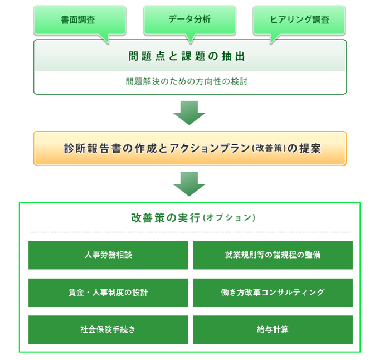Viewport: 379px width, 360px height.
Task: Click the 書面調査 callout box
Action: coord(80,20)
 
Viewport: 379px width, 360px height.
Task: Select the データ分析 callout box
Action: coord(189,20)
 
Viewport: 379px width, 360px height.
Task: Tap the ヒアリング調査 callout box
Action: coord(299,20)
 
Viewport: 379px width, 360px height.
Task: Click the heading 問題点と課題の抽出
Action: coord(187,56)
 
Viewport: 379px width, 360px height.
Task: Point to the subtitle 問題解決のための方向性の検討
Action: coord(187,81)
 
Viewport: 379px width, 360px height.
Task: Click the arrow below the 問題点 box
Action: coord(189,113)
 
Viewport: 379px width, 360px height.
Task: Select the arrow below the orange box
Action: coord(189,184)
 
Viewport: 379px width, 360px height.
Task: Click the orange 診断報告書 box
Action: coord(190,148)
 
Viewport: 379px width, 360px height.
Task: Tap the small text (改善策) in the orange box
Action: coord(269,148)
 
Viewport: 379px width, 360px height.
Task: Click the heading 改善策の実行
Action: coord(166,218)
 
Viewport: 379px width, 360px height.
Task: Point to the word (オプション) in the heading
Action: coord(229,218)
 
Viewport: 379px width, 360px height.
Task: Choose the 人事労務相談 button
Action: coord(108,255)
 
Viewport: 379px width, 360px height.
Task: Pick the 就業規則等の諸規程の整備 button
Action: coord(273,255)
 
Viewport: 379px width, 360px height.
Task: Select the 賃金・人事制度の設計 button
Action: coord(108,293)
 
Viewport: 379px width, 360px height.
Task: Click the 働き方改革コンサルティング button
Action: coord(273,293)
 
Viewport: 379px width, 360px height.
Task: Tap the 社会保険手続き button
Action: coord(108,329)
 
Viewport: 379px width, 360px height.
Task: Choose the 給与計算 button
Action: coord(273,329)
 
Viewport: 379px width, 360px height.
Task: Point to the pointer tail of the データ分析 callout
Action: coord(191,39)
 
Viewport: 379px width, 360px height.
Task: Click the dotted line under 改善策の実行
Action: coord(191,232)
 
